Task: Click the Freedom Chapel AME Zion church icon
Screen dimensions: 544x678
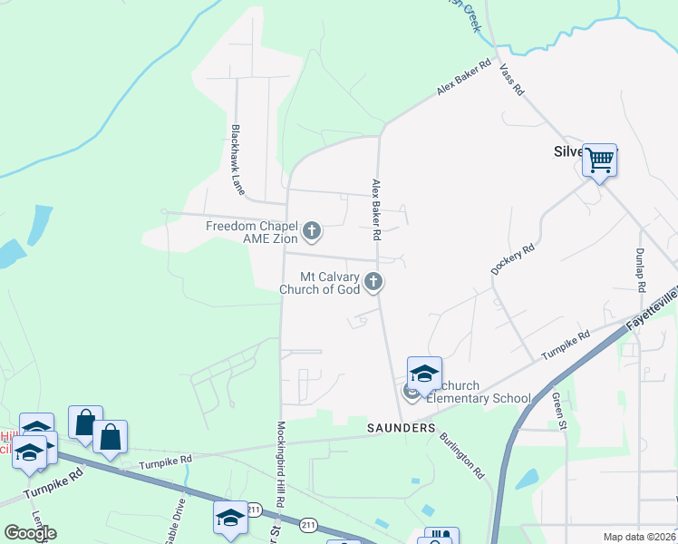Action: pyautogui.click(x=312, y=231)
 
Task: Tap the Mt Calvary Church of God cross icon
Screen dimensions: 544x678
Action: pyautogui.click(x=373, y=283)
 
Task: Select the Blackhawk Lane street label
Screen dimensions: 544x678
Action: pyautogui.click(x=237, y=160)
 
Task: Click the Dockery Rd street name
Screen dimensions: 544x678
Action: pyautogui.click(x=513, y=258)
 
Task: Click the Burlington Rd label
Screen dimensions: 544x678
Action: pyautogui.click(x=462, y=454)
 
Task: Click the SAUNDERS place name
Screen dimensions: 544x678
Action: pyautogui.click(x=402, y=427)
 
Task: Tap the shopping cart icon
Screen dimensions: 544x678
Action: pyautogui.click(x=599, y=160)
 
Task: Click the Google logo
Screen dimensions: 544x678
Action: pyautogui.click(x=30, y=533)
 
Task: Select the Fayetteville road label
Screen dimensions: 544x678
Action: pyautogui.click(x=653, y=309)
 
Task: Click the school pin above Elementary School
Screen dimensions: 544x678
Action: pyautogui.click(x=423, y=373)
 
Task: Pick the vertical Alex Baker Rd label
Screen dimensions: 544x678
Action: pyautogui.click(x=374, y=209)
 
